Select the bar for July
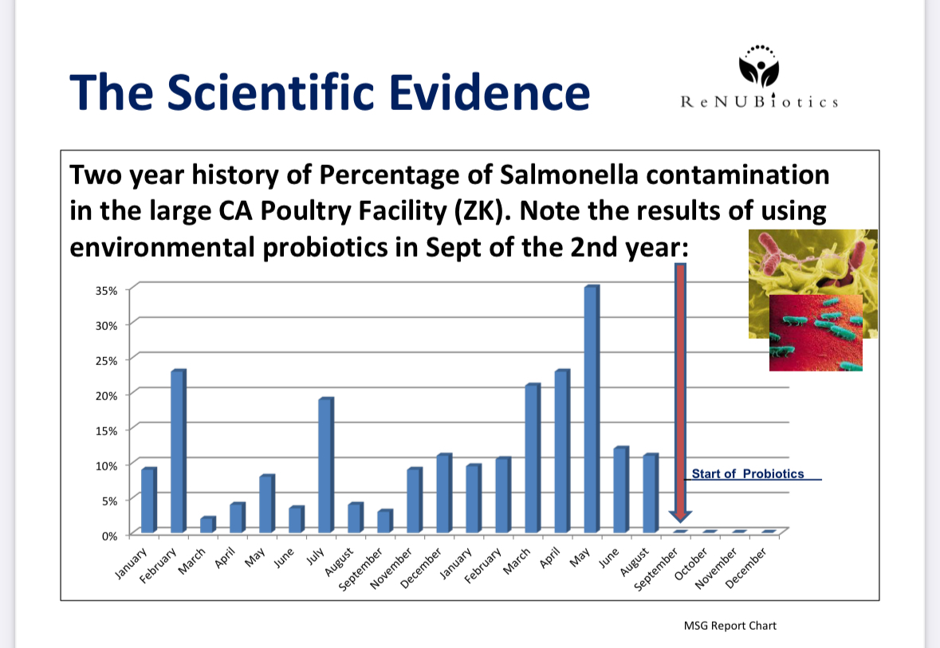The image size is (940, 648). [326, 465]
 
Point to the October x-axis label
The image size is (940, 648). [691, 564]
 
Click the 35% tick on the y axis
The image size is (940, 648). [106, 291]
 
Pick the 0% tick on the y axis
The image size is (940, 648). [109, 536]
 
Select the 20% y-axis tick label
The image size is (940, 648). [106, 395]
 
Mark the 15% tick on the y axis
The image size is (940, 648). [106, 430]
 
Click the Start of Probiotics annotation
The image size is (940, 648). [748, 473]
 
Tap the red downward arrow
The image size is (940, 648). [680, 393]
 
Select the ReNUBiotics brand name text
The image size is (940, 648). [759, 102]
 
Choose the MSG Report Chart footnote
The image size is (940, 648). [730, 626]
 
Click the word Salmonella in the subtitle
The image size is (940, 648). [569, 175]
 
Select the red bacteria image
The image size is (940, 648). [816, 332]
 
